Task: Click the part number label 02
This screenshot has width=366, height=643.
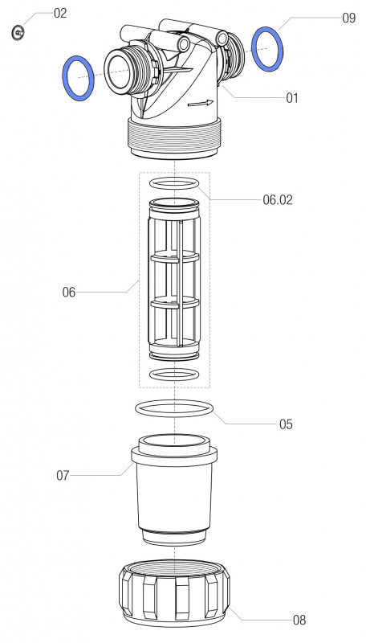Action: (x=60, y=14)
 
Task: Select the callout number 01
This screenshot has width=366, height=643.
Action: (x=292, y=98)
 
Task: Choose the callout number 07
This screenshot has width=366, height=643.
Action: (x=63, y=475)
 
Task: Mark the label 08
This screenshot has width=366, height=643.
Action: (x=299, y=620)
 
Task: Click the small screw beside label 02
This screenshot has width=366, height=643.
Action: (x=18, y=31)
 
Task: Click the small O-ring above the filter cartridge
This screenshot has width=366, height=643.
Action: (x=173, y=183)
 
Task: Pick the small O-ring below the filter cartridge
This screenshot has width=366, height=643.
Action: (x=173, y=375)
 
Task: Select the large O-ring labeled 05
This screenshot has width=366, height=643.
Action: (x=174, y=408)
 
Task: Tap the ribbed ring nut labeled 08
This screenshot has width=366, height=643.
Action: (x=173, y=596)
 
